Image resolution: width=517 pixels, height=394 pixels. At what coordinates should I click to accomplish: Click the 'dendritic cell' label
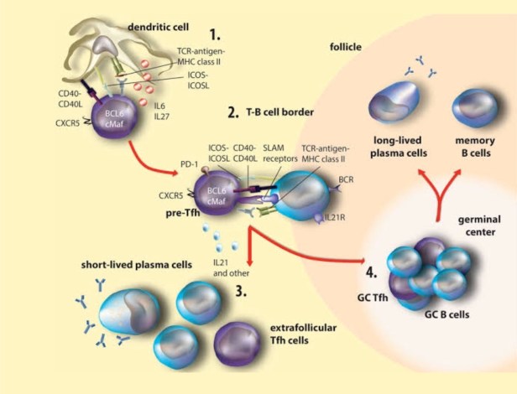pyautogui.click(x=159, y=27)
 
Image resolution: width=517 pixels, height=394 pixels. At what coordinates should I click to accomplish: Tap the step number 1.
pyautogui.click(x=215, y=34)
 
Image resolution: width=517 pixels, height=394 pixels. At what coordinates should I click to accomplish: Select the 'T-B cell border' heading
pyautogui.click(x=280, y=112)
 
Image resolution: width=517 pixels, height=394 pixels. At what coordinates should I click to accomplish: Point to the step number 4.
pyautogui.click(x=372, y=272)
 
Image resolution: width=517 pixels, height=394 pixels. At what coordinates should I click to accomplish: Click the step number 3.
pyautogui.click(x=241, y=291)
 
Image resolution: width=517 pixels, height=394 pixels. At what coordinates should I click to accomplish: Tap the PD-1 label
pyautogui.click(x=190, y=164)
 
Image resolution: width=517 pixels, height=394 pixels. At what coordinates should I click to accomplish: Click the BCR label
pyautogui.click(x=346, y=179)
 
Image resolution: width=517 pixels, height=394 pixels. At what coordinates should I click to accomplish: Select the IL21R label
pyautogui.click(x=335, y=217)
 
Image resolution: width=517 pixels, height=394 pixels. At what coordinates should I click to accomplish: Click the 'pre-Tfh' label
pyautogui.click(x=183, y=213)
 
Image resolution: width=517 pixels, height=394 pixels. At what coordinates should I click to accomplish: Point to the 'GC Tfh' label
pyautogui.click(x=373, y=298)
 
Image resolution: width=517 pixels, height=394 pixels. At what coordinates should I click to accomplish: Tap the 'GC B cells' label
pyautogui.click(x=446, y=314)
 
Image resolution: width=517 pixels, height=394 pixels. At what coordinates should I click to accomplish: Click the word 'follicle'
pyautogui.click(x=346, y=47)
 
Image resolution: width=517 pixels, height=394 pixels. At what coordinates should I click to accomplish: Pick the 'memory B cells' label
pyautogui.click(x=475, y=147)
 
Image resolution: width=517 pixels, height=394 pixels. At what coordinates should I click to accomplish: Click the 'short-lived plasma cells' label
pyautogui.click(x=137, y=265)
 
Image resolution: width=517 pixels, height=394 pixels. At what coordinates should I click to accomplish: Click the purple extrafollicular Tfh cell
pyautogui.click(x=238, y=344)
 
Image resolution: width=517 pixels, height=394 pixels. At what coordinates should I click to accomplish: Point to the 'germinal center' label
pyautogui.click(x=480, y=226)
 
